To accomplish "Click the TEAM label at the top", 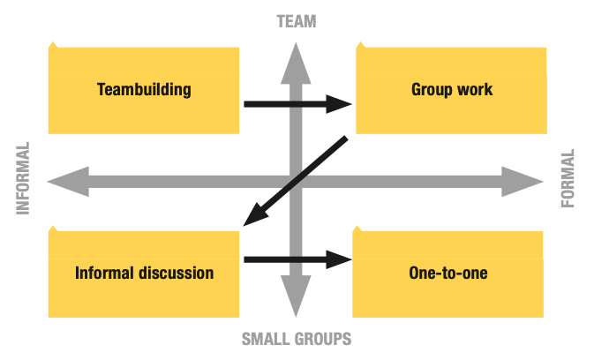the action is click(x=297, y=21).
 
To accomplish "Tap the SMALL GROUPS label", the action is click(x=297, y=339).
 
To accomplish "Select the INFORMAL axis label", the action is click(x=23, y=178).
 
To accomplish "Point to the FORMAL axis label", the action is click(x=568, y=178).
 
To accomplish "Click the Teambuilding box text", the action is click(x=144, y=90).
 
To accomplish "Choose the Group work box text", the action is click(x=452, y=90).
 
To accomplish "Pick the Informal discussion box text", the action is click(x=145, y=273).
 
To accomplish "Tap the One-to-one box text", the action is click(x=448, y=273).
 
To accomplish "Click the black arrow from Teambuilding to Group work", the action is click(x=297, y=104).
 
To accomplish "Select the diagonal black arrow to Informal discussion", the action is click(x=296, y=181).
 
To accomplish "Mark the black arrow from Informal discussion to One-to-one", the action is click(x=297, y=259).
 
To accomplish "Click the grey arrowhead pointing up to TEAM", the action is click(x=296, y=64).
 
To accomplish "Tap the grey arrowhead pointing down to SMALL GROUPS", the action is click(x=296, y=296).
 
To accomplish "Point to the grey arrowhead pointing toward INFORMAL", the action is click(x=68, y=182).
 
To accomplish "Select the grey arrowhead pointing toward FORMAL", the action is click(x=523, y=182).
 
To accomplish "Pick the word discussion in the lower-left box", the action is click(x=176, y=273).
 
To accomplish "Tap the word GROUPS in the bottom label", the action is click(x=319, y=339).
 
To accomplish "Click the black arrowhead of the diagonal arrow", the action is click(x=256, y=214).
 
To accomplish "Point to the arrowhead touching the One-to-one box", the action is click(x=339, y=259).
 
